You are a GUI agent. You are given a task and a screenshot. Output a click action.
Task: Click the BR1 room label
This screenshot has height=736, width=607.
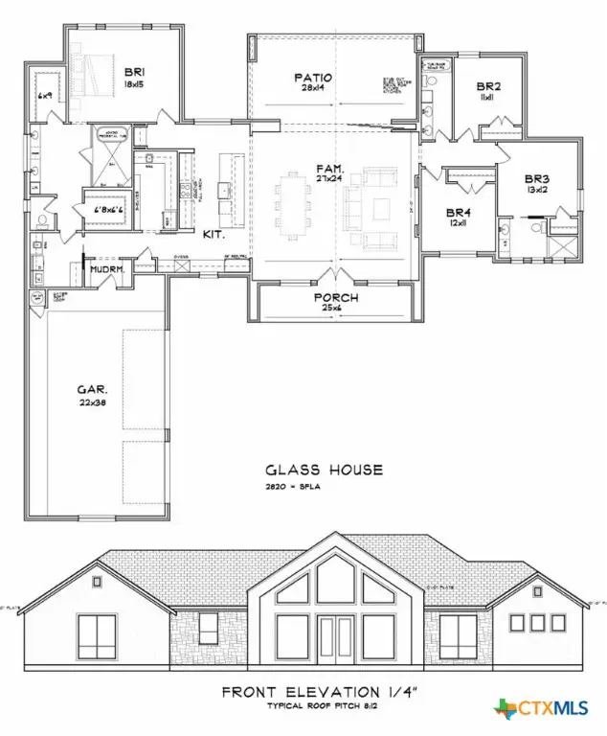coord(132,71)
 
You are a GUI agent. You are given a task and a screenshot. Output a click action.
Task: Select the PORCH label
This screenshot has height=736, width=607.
coord(335,297)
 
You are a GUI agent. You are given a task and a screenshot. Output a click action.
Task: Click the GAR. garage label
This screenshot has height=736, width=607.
coord(92,390)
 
